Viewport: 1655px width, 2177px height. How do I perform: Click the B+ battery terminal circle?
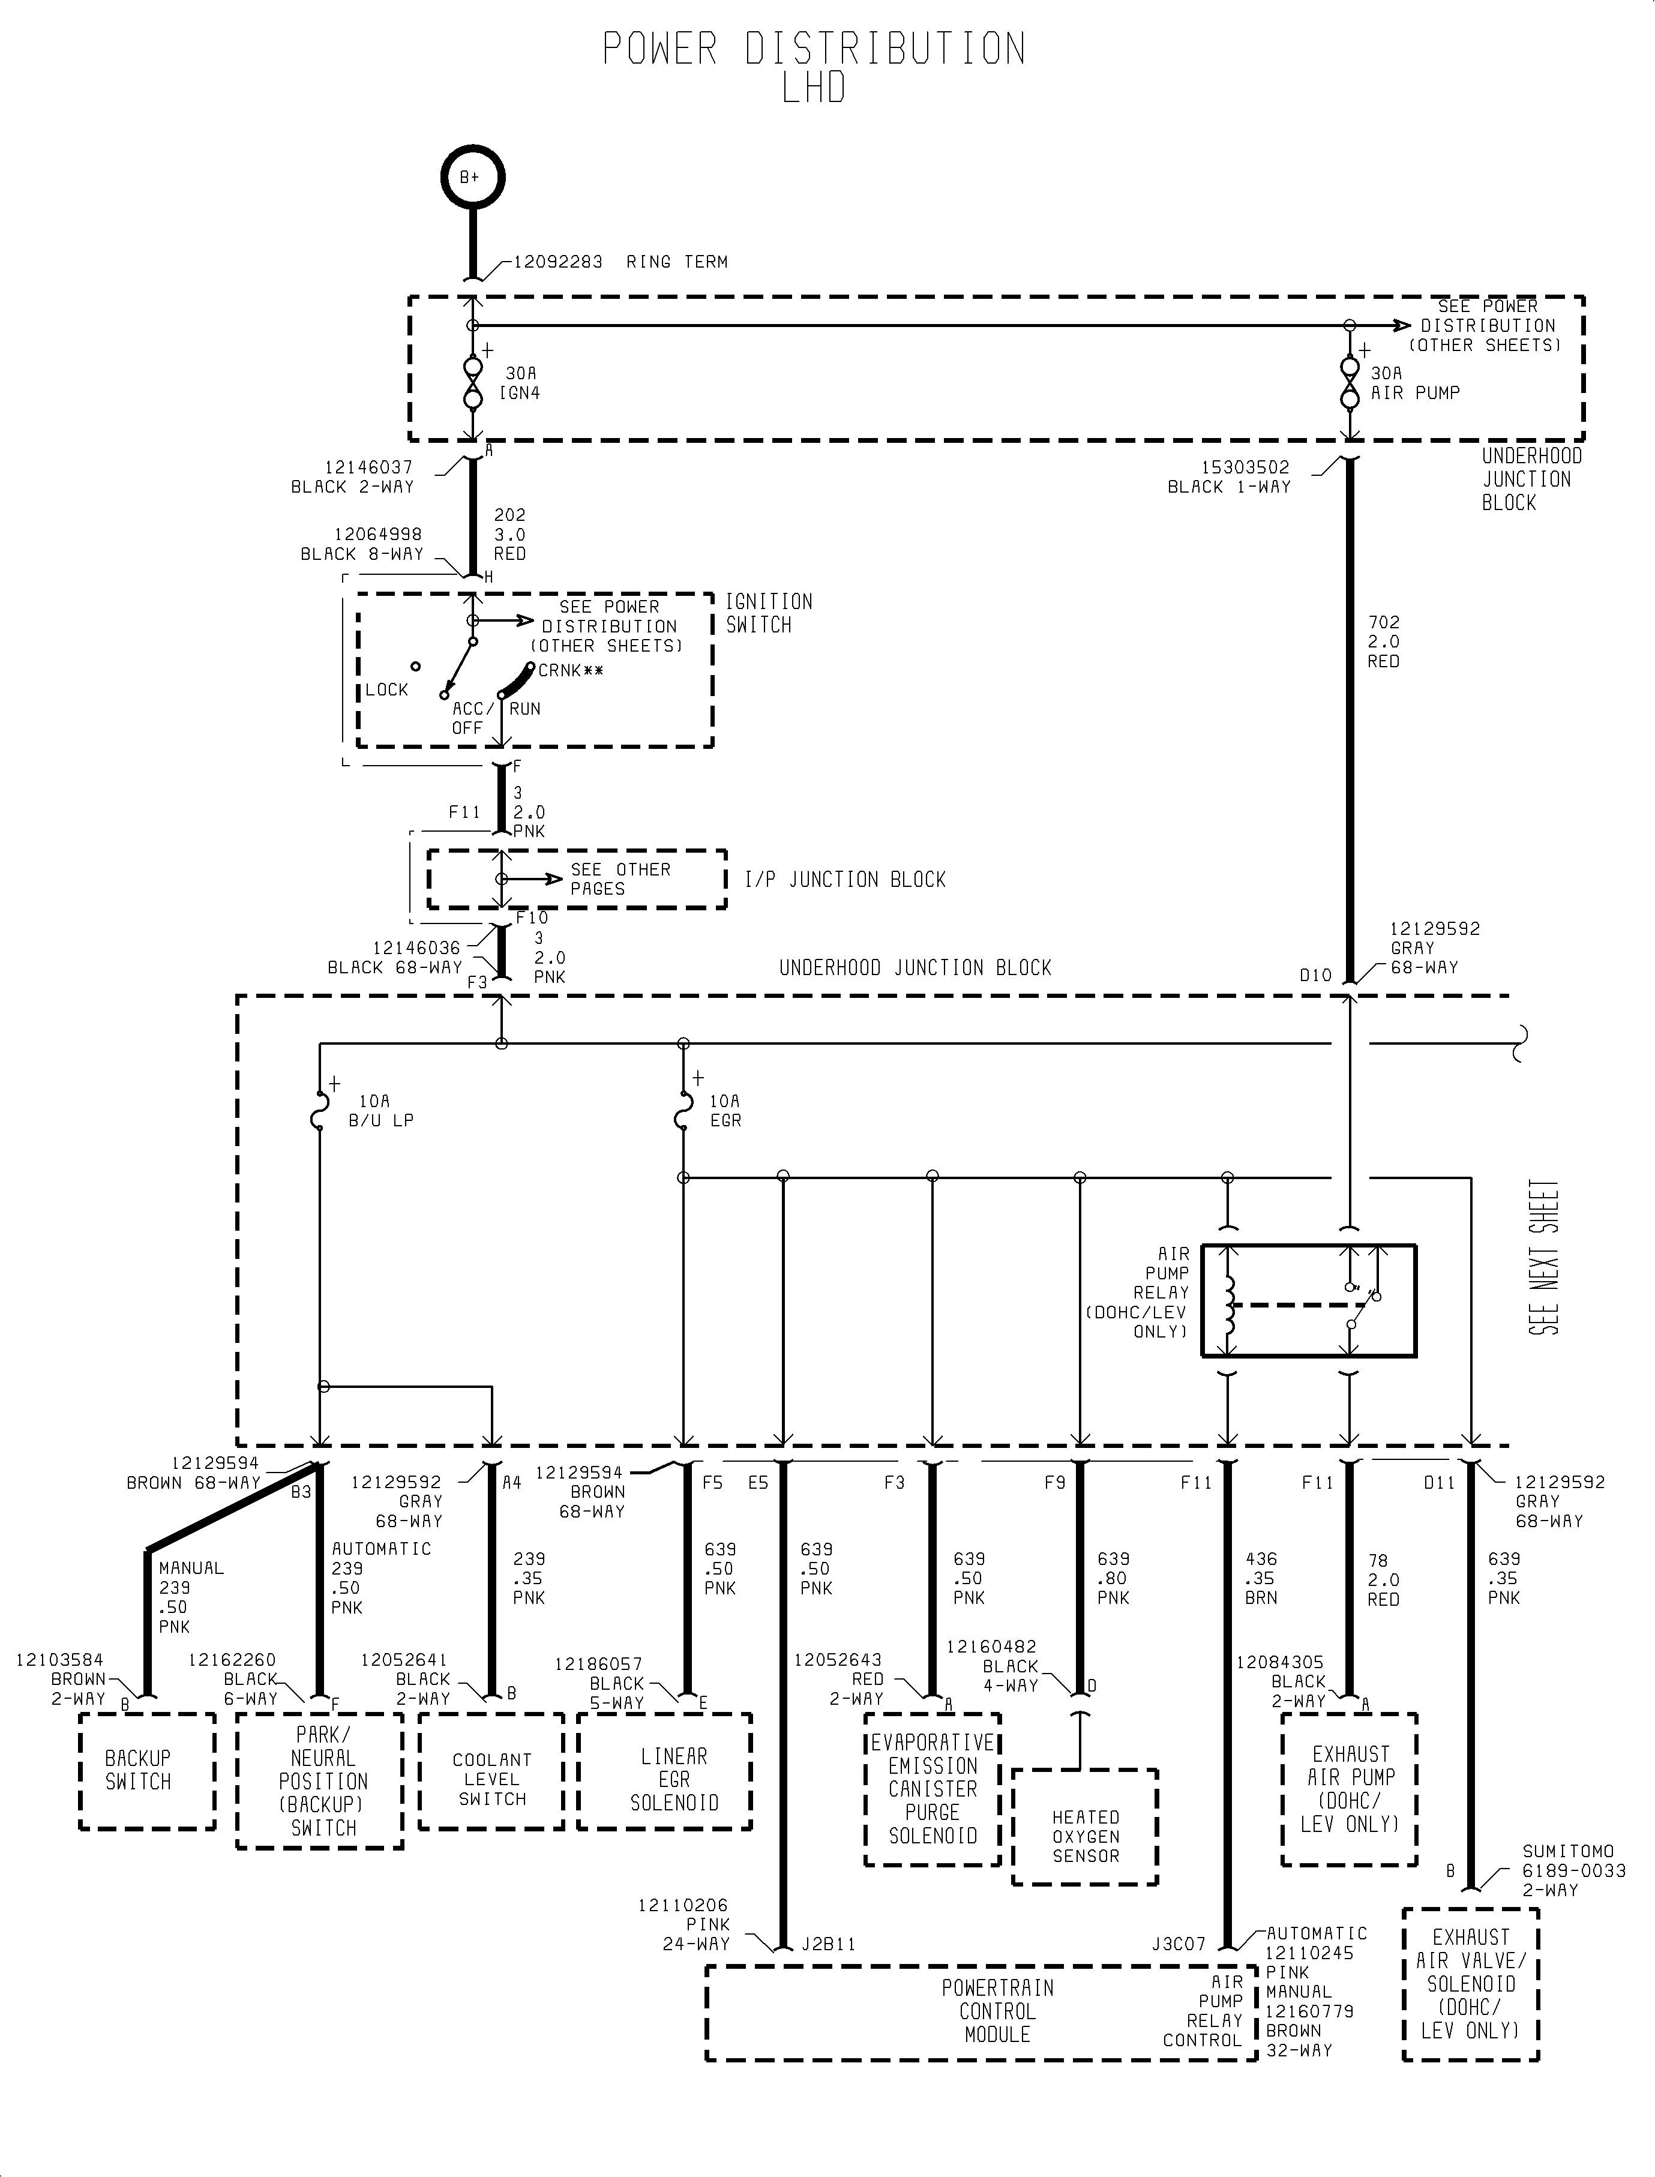point(472,178)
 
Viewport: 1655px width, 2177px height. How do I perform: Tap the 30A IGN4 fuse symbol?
point(473,384)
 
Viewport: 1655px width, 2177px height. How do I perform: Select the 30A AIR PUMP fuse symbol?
point(1350,384)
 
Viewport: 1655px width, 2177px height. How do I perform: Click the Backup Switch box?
point(147,1770)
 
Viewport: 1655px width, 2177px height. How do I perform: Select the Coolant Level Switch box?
point(491,1770)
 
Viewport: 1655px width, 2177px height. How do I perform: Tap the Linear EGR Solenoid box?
point(665,1770)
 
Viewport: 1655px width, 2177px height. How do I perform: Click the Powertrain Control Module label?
point(997,2011)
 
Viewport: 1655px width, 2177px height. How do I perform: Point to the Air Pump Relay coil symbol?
point(1228,1305)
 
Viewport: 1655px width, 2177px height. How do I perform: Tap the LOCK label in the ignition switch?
point(386,689)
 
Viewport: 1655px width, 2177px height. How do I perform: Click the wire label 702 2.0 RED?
point(1383,641)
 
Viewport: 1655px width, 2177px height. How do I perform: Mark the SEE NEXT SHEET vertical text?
point(1543,1257)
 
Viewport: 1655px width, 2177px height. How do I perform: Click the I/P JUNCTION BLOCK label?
point(844,880)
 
